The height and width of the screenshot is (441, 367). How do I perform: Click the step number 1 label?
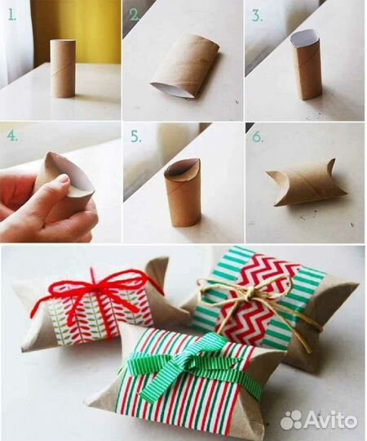tap(11, 15)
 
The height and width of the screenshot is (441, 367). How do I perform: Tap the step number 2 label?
tap(135, 15)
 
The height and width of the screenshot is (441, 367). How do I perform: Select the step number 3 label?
tap(257, 16)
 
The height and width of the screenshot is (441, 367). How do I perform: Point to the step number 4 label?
tap(12, 136)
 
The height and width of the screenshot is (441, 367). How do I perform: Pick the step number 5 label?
tap(136, 137)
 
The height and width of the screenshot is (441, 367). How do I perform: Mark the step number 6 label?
tap(258, 136)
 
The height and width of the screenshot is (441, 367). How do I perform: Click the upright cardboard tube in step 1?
tap(62, 69)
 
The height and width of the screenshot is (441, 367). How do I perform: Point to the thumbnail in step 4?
tap(63, 179)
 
